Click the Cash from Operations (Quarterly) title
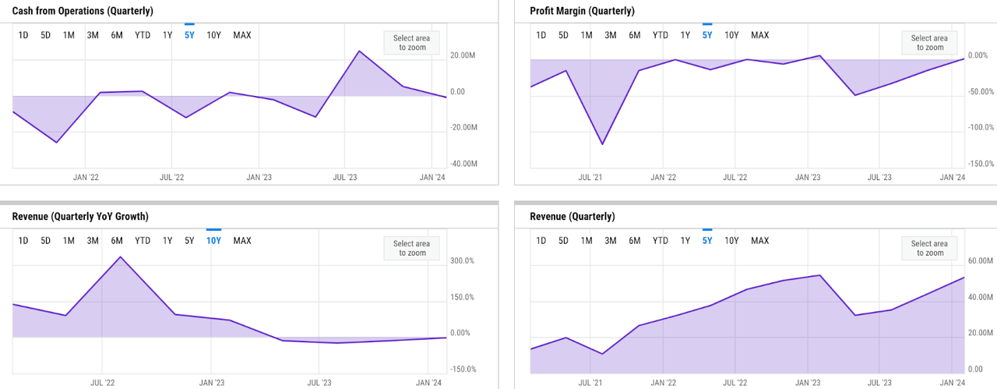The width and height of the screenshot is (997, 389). pos(83,11)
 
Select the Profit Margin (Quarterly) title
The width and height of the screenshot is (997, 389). pos(582,11)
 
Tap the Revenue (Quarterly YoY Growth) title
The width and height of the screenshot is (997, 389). pos(80,216)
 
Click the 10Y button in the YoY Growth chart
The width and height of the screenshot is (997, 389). pos(213,241)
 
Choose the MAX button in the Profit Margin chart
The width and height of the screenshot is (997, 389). pos(759,35)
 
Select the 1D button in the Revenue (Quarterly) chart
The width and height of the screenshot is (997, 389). pos(541,241)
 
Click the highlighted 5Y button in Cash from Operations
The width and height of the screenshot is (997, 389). pos(189,35)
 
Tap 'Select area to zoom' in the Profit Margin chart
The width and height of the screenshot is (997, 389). pos(929,43)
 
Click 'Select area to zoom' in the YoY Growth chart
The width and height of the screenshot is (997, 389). pos(411,249)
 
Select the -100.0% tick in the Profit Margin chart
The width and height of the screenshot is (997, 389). pos(979,128)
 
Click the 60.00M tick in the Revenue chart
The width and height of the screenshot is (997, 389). pos(980,261)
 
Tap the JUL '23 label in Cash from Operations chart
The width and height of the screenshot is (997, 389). pos(345,178)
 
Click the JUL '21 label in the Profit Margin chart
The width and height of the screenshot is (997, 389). pos(590,178)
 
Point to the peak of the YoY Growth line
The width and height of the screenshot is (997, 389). pos(120,256)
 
